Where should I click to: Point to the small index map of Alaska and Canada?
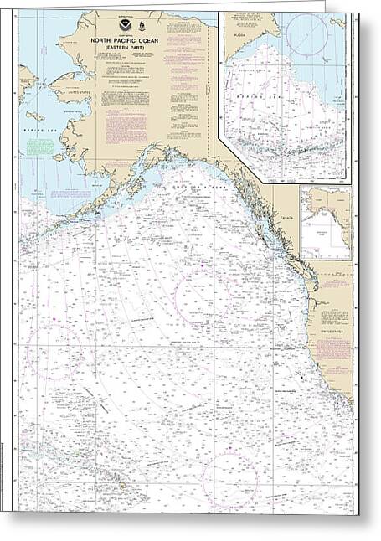click(327, 221)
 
